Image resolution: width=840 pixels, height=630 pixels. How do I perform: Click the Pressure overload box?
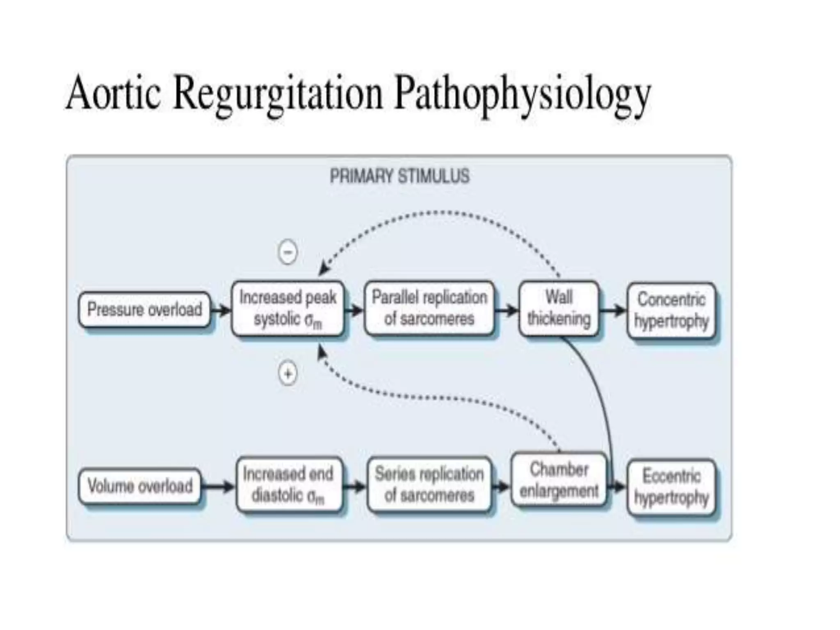(144, 309)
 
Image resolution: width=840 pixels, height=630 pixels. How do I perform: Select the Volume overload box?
(140, 486)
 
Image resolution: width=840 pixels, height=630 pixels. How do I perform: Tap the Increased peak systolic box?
(288, 308)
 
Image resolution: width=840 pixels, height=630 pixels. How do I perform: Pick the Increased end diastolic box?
(288, 485)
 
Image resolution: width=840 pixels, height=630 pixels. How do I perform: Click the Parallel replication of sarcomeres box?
(429, 308)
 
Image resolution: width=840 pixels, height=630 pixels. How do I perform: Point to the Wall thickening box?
(559, 308)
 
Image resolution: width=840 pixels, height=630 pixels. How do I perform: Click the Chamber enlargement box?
(559, 480)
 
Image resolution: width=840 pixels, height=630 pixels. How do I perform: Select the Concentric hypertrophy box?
(671, 310)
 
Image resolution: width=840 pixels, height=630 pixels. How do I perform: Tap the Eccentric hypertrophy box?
(671, 487)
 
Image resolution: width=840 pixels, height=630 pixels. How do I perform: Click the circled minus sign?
(288, 251)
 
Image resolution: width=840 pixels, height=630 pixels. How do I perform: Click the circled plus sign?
(288, 374)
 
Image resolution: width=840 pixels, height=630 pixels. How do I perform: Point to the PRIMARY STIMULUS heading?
(399, 176)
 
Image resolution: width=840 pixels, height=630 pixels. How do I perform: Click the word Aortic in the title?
(113, 94)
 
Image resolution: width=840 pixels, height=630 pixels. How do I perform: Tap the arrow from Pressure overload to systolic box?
(221, 310)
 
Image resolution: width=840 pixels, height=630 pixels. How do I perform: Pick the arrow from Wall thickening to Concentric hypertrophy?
(613, 310)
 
